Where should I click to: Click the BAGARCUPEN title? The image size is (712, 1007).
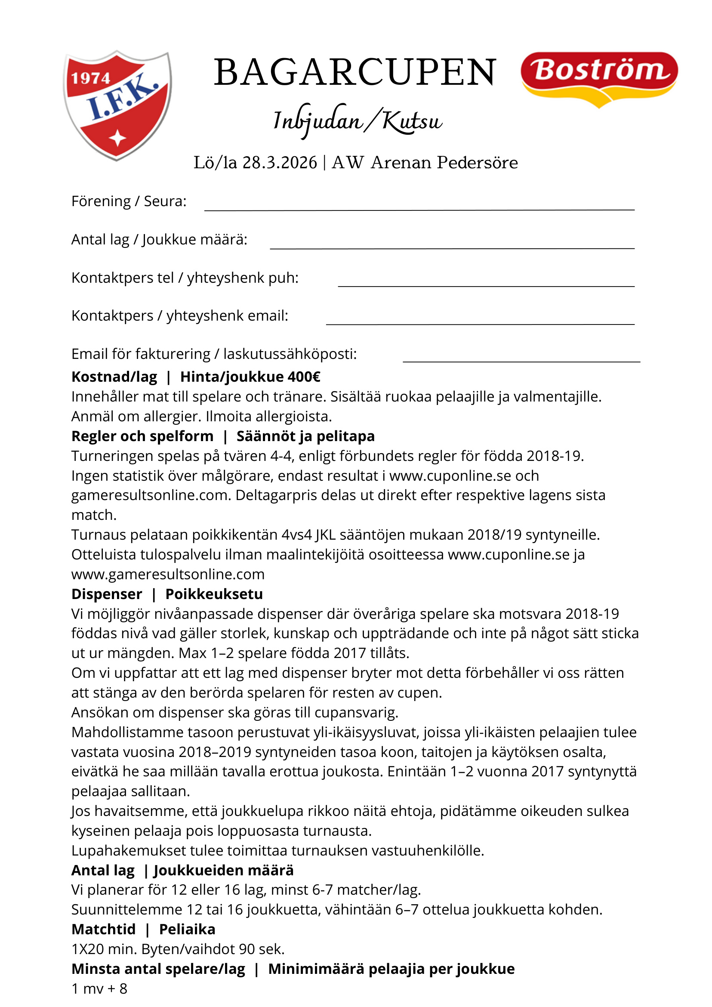coord(354,72)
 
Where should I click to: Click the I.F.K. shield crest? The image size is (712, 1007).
coord(117,105)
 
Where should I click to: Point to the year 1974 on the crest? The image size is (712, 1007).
coord(91,78)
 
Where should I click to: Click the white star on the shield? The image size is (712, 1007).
coord(117,138)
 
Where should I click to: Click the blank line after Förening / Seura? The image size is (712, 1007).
coord(419,209)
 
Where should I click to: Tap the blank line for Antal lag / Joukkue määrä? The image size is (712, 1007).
coord(452,247)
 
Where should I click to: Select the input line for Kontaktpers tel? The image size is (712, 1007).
coord(486,285)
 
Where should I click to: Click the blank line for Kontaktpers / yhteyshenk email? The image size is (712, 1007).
coord(480,323)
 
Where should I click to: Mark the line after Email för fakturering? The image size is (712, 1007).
coord(521,361)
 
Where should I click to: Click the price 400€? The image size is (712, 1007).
coord(304,377)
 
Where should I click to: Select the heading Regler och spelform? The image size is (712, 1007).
coord(142,436)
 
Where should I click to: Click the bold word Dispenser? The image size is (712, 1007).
coord(107,594)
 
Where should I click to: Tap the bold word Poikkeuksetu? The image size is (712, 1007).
coord(214,594)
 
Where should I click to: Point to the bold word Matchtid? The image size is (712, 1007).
coord(104,929)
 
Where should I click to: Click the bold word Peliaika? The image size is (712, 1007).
coord(187,929)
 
